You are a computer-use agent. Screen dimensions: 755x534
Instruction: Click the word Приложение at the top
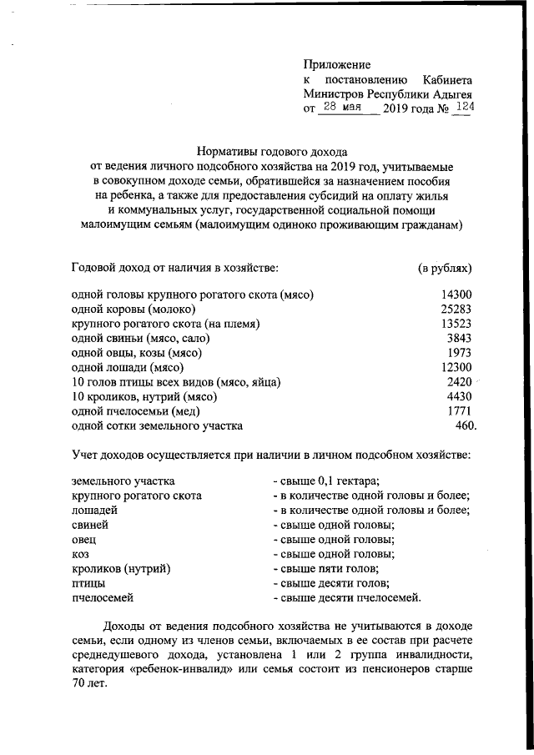pos(336,64)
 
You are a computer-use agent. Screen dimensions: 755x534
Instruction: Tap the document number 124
pos(460,108)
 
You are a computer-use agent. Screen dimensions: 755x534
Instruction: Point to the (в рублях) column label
pos(445,268)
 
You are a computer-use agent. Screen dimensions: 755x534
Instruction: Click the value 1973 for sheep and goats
pos(460,353)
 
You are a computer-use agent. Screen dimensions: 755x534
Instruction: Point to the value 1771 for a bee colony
pos(460,411)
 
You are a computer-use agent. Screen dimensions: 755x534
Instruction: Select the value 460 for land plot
pos(464,426)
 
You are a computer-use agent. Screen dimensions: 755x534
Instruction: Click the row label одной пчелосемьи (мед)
pos(136,411)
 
